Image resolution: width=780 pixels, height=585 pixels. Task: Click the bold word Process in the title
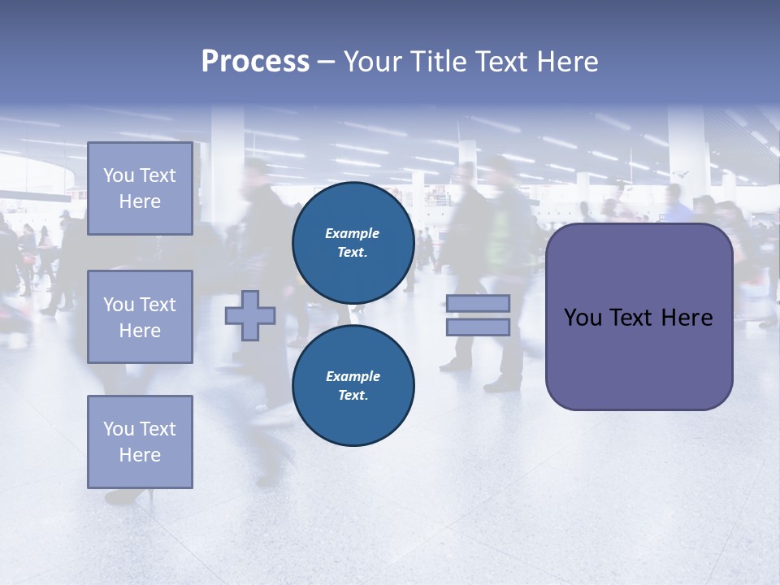(255, 62)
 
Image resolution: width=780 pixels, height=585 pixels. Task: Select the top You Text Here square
(140, 188)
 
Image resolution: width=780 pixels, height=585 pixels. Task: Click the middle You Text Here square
(140, 317)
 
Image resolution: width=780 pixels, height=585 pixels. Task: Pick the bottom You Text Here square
(140, 442)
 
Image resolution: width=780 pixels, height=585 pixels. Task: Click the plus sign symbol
(250, 315)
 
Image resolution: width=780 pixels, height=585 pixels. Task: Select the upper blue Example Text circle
(353, 242)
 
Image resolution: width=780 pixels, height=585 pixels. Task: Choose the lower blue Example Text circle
(353, 385)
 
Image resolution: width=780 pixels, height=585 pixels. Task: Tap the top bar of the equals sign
(478, 304)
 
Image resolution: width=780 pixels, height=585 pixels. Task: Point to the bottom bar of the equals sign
(478, 327)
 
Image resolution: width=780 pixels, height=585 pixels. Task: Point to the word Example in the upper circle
(353, 233)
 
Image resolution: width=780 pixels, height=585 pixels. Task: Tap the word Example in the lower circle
(353, 376)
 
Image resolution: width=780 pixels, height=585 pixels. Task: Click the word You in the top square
(118, 175)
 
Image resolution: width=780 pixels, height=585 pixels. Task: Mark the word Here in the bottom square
(140, 455)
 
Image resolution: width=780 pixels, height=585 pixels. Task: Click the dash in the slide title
(326, 62)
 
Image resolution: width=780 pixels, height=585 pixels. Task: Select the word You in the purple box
(583, 318)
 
